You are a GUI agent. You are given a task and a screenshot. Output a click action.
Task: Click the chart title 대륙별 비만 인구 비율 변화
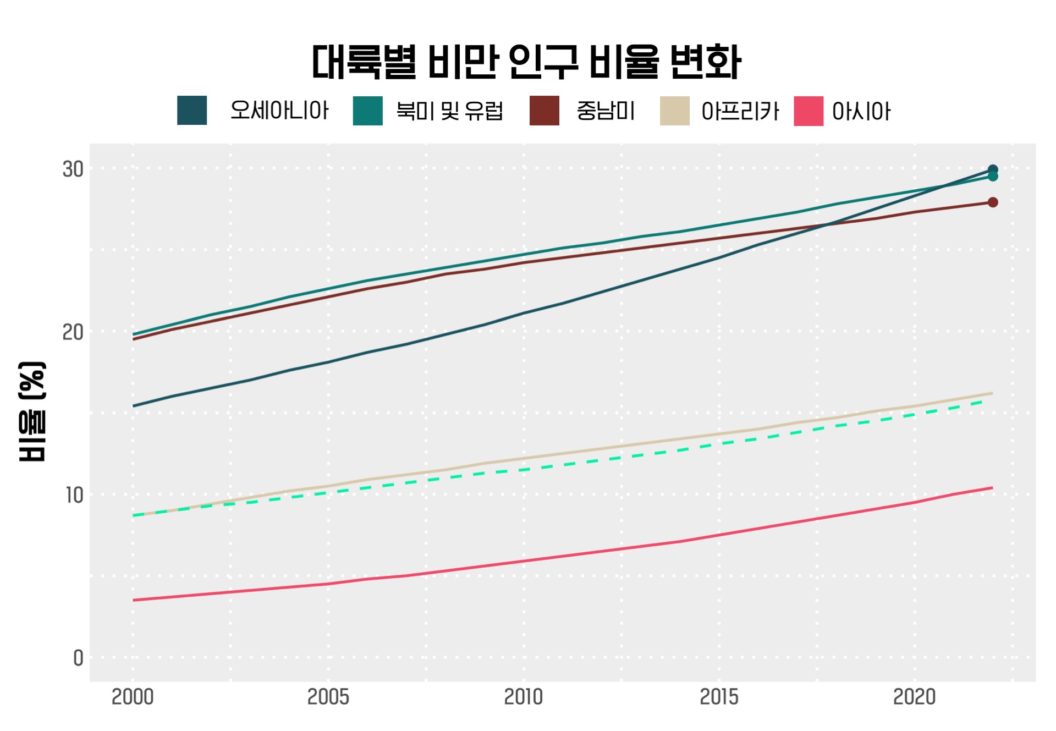tap(526, 62)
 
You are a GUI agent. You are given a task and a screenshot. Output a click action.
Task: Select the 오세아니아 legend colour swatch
tap(192, 111)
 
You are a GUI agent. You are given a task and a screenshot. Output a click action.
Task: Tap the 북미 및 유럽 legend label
tap(449, 111)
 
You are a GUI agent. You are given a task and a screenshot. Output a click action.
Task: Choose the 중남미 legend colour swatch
tap(544, 111)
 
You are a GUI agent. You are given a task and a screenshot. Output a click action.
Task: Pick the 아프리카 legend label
tap(740, 111)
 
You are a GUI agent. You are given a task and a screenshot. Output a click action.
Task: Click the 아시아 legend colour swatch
tap(809, 111)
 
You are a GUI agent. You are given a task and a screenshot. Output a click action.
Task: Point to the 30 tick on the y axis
tap(73, 169)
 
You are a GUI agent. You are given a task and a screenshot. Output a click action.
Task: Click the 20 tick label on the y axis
tap(73, 332)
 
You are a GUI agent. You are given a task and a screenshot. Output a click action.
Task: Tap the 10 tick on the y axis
tap(74, 495)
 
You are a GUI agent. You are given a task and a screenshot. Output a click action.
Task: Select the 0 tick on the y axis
tap(78, 658)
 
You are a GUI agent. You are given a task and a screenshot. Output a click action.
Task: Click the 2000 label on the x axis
tap(133, 697)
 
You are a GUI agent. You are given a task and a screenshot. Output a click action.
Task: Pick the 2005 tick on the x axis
tap(328, 697)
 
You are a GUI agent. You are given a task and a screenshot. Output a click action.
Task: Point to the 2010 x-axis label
tap(524, 697)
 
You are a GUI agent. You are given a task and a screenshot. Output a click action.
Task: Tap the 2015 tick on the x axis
tap(719, 697)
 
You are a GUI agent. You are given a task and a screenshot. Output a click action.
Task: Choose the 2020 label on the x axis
tap(914, 697)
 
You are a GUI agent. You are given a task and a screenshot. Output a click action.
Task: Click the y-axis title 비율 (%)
tap(32, 411)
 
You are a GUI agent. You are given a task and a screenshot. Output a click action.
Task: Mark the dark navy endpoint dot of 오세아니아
tap(993, 170)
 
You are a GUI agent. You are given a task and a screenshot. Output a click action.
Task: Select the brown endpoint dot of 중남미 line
tap(993, 202)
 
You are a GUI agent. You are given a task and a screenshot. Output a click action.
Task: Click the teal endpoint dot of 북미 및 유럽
tap(993, 177)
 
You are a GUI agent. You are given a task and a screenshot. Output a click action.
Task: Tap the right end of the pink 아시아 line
tap(992, 488)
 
